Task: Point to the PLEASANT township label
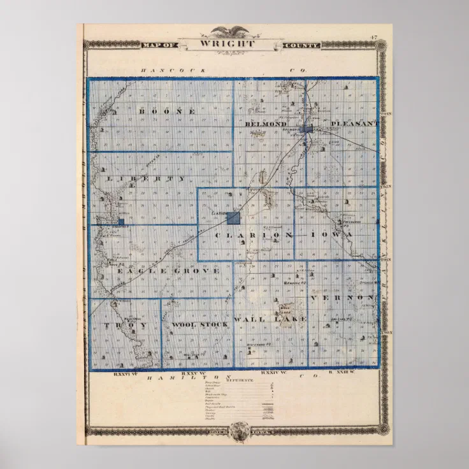354,122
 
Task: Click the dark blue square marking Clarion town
233,219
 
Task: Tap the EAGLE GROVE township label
168,271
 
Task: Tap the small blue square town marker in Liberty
121,222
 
